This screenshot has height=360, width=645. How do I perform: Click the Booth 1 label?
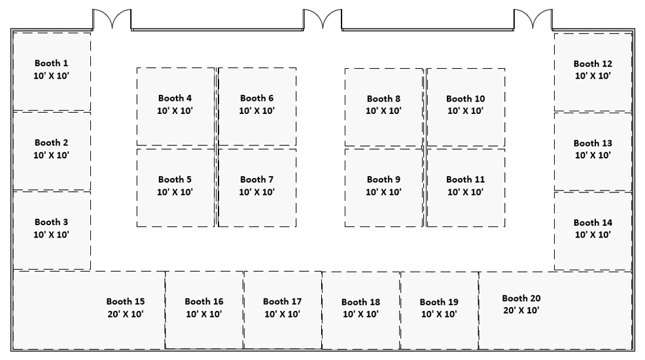pyautogui.click(x=52, y=63)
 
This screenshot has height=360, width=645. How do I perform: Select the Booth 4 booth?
pyautogui.click(x=176, y=107)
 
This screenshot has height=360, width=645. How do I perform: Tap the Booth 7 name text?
pyautogui.click(x=256, y=180)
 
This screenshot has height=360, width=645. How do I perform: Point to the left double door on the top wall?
pyautogui.click(x=112, y=20)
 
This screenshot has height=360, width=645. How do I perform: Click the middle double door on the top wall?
pyautogui.click(x=322, y=20)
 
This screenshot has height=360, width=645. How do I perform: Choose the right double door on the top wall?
pyautogui.click(x=533, y=20)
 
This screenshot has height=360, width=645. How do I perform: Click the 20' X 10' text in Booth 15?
pyautogui.click(x=126, y=314)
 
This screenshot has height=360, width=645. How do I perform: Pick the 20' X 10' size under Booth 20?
pyautogui.click(x=521, y=311)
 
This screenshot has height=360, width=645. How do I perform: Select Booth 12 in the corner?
pyautogui.click(x=593, y=72)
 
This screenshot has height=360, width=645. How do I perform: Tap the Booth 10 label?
pyautogui.click(x=466, y=99)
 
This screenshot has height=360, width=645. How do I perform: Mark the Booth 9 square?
pyautogui.click(x=384, y=188)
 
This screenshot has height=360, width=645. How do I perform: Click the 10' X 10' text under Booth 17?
pyautogui.click(x=282, y=314)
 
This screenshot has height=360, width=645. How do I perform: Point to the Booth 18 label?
pyautogui.click(x=360, y=302)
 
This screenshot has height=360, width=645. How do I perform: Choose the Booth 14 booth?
pyautogui.click(x=593, y=231)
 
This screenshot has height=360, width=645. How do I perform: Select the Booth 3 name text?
pyautogui.click(x=52, y=222)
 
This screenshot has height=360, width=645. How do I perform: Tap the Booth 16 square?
pyautogui.click(x=204, y=310)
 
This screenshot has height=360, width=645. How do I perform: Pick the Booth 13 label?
pyautogui.click(x=593, y=143)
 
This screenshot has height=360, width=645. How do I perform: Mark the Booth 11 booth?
pyautogui.click(x=466, y=188)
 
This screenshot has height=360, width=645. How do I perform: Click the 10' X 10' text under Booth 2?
pyautogui.click(x=52, y=156)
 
